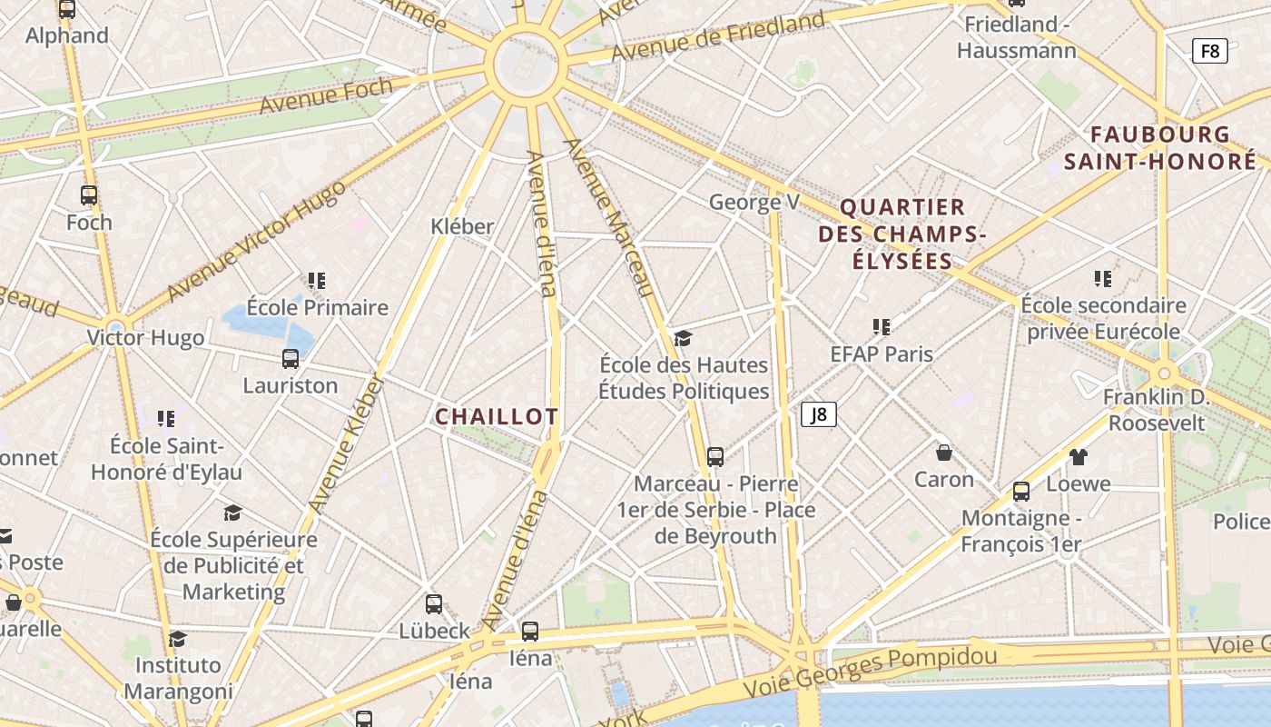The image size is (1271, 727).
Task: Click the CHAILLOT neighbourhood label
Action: click(x=497, y=417)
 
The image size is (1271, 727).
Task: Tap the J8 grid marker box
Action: click(x=819, y=415)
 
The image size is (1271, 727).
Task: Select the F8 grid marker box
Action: click(x=1210, y=51)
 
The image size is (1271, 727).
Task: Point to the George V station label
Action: click(x=754, y=202)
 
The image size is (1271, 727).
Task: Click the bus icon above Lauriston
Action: click(x=291, y=359)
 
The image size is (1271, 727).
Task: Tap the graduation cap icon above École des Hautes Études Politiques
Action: click(x=683, y=339)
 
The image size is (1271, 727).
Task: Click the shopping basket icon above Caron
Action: click(x=944, y=453)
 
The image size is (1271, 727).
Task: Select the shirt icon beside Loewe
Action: click(x=1078, y=457)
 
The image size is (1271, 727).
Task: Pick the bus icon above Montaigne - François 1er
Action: click(x=1021, y=492)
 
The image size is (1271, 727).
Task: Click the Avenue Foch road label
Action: click(x=326, y=95)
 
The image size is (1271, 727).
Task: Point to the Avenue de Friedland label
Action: click(x=718, y=36)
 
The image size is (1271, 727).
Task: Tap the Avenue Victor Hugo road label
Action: click(x=257, y=239)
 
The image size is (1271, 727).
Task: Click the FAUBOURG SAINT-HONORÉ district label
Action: click(x=1160, y=148)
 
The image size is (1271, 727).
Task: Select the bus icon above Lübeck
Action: click(x=434, y=604)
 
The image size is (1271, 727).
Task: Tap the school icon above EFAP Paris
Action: click(x=881, y=327)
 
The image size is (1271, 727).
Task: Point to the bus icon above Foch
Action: click(x=89, y=195)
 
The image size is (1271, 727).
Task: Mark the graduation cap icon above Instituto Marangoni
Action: click(x=178, y=639)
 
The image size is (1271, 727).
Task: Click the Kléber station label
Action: click(x=462, y=226)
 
